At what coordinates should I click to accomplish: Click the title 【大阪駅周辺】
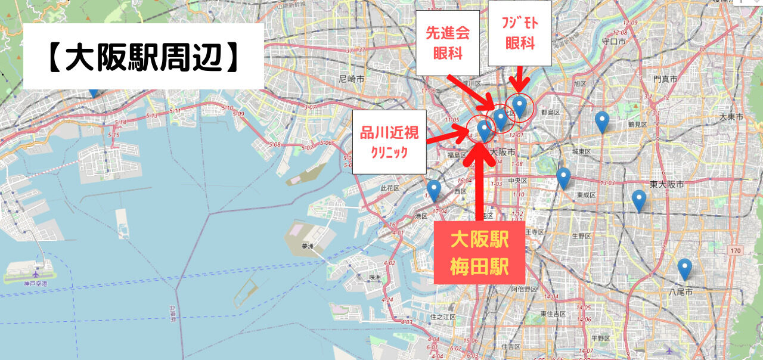coord(143,58)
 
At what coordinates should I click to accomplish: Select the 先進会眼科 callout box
coord(448,42)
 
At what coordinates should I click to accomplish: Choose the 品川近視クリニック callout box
coord(389,142)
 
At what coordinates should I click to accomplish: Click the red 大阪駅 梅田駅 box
coord(479,253)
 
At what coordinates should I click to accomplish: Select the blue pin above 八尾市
coord(684,268)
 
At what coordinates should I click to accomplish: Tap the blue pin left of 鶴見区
coord(602,121)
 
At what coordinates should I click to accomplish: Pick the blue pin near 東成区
coord(563,178)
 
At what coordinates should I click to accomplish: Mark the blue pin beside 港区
coord(434,190)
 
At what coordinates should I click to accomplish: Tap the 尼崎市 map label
coord(351,79)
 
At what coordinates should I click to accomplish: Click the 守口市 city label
coord(613,42)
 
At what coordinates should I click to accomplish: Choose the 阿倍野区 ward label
coord(525,289)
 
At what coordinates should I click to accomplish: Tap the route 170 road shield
coord(735,251)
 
